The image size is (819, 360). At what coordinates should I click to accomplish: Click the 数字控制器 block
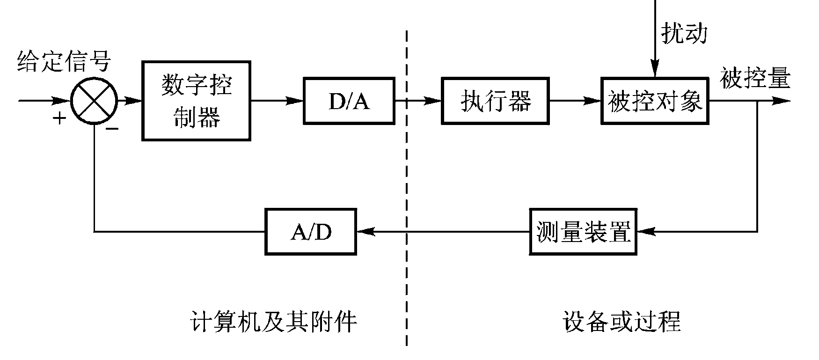(197, 101)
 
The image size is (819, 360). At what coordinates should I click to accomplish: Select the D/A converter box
(349, 101)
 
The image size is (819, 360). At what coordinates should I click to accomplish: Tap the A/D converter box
(311, 231)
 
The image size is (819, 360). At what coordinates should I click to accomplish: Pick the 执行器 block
(495, 101)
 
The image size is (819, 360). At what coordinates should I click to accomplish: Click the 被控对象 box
(655, 101)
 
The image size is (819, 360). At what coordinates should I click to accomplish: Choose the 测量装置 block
(583, 231)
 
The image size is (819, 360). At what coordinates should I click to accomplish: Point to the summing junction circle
(94, 101)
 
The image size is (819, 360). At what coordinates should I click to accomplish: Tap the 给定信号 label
(64, 61)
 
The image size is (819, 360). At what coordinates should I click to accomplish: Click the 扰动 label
(684, 33)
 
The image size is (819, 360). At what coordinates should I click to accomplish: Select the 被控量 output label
(755, 78)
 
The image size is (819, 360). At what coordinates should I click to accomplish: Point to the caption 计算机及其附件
(274, 322)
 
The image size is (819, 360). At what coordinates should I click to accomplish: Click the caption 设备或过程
(622, 322)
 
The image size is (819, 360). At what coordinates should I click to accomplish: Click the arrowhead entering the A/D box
(366, 231)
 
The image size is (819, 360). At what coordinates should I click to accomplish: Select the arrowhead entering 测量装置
(645, 231)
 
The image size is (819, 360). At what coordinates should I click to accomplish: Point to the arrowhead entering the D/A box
(295, 101)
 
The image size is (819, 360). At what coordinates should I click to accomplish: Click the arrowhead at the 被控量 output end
(782, 101)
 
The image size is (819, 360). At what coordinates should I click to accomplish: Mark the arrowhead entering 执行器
(433, 101)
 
